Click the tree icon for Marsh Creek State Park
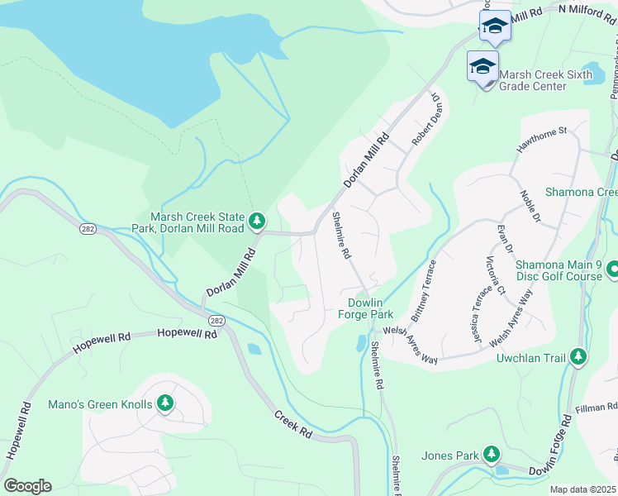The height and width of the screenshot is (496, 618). [258, 220]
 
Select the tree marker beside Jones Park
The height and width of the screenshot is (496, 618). [492, 454]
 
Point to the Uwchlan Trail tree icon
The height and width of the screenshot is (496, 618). [579, 357]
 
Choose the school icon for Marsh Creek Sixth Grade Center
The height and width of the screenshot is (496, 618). [483, 65]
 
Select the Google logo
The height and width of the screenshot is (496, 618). [27, 486]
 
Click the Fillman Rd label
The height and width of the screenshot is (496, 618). [599, 406]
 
